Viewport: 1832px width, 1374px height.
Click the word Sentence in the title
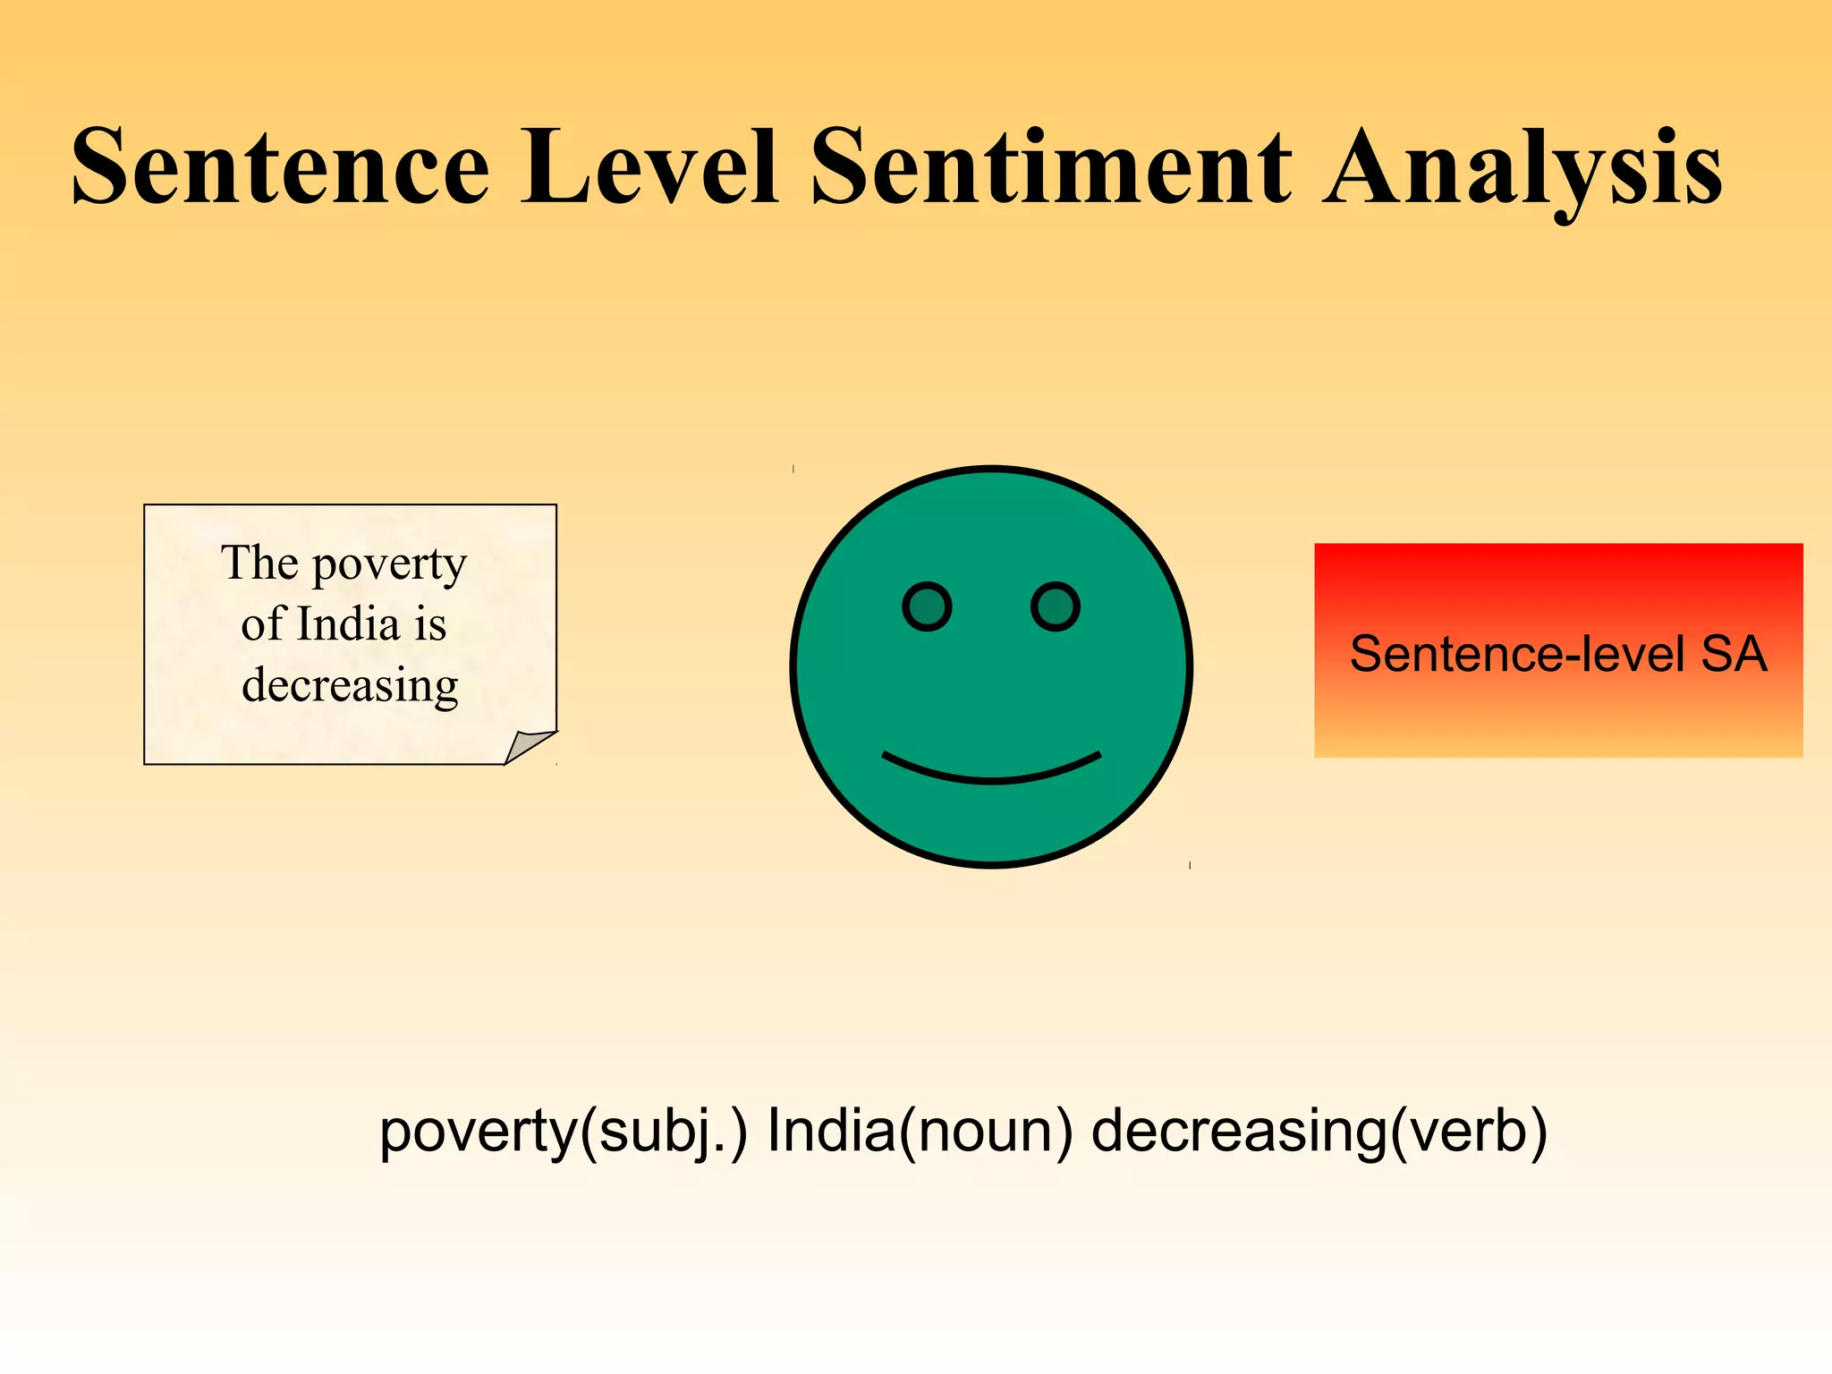280,167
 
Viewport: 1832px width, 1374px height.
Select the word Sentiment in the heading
1052,167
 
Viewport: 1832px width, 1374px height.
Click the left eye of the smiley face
927,607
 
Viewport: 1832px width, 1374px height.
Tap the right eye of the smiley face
1056,607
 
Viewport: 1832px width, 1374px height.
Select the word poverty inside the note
389,565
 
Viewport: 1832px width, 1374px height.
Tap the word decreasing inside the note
350,686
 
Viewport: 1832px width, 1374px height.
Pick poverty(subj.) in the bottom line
563,1132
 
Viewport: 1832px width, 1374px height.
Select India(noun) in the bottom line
920,1132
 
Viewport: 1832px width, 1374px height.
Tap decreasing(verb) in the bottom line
1319,1132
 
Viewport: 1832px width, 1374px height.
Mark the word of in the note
262,623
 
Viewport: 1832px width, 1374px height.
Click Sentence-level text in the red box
1517,654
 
